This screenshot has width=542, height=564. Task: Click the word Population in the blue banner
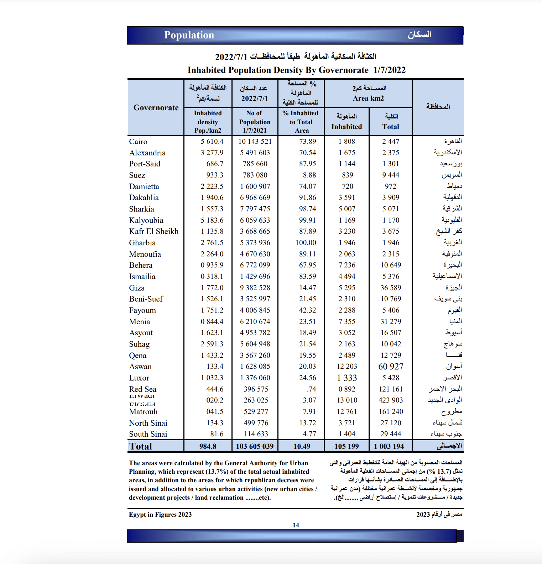(x=189, y=35)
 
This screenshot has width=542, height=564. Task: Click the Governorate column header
(x=156, y=108)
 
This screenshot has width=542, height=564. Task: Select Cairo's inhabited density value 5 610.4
(x=212, y=142)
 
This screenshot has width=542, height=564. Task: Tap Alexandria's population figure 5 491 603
(x=255, y=153)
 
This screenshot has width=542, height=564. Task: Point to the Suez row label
(x=137, y=175)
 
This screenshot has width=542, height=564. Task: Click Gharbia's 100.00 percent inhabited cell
(x=306, y=243)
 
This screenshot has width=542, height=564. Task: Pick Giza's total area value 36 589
(x=391, y=288)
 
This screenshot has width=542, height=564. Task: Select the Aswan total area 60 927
(x=391, y=367)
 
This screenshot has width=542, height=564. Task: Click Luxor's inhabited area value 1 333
(x=347, y=378)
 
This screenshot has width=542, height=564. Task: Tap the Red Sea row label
(x=143, y=389)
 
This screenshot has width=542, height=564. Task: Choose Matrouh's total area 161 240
(x=391, y=412)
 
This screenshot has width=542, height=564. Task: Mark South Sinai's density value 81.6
(x=217, y=434)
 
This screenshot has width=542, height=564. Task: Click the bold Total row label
(x=141, y=446)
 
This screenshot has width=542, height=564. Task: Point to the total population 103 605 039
(x=255, y=446)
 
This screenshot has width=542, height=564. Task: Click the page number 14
(x=296, y=525)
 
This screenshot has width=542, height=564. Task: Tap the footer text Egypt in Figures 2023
(x=160, y=515)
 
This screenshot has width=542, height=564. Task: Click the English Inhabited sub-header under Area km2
(x=346, y=127)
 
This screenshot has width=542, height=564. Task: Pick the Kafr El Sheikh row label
(x=154, y=232)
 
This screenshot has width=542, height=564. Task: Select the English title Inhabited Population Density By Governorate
(x=278, y=70)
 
